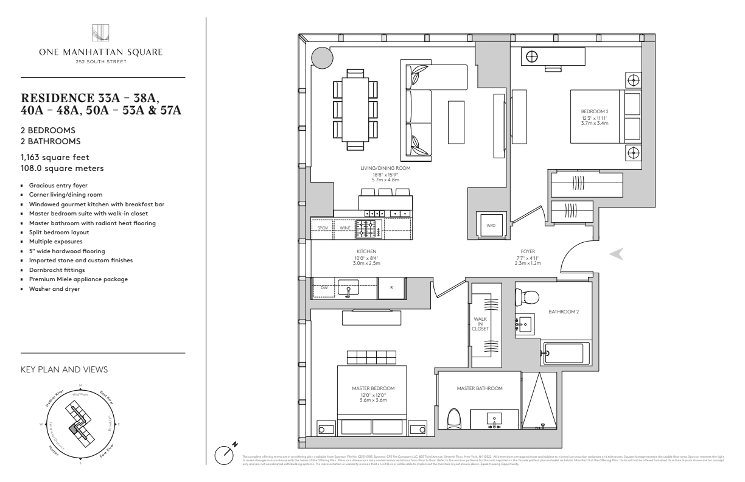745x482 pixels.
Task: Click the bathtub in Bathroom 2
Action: [x=566, y=352]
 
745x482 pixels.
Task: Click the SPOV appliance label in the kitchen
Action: [x=323, y=228]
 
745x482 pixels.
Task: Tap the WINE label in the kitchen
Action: [x=345, y=228]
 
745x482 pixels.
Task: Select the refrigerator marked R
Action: [x=392, y=288]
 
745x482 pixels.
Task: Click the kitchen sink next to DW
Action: [x=349, y=287]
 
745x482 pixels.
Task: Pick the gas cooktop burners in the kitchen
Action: [x=367, y=228]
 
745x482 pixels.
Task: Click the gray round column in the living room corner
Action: [x=322, y=58]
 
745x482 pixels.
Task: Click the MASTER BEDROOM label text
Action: [x=373, y=388]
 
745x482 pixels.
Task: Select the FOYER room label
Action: [x=528, y=251]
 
